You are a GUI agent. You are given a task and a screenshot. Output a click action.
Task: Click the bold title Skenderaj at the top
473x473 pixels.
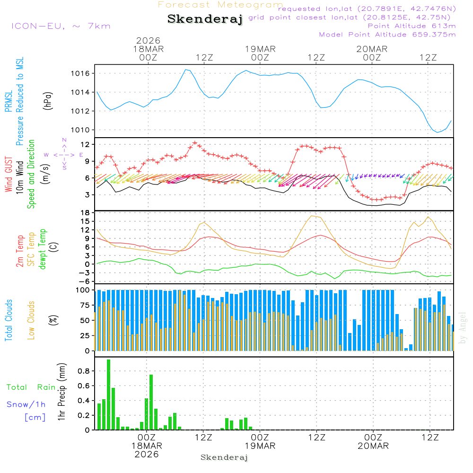point(205,19)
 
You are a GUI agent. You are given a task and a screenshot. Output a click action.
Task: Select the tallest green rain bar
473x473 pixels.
point(108,394)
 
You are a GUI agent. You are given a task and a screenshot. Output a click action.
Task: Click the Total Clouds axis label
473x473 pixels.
point(9,320)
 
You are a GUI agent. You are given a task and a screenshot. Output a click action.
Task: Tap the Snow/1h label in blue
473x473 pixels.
point(26,404)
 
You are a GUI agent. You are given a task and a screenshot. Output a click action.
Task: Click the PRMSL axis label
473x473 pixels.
point(9,102)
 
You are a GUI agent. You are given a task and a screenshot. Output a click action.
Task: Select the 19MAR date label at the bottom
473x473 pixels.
point(260,446)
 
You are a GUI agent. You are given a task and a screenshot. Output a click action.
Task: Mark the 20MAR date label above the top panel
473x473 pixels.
point(372,49)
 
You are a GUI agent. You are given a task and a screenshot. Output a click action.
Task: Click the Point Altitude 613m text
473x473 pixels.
point(412,26)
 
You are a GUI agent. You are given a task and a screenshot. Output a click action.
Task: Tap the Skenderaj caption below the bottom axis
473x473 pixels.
point(224,457)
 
